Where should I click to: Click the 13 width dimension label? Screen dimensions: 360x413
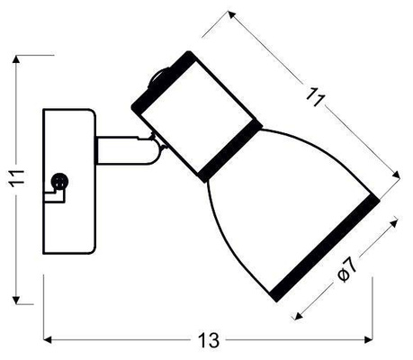(208, 340)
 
